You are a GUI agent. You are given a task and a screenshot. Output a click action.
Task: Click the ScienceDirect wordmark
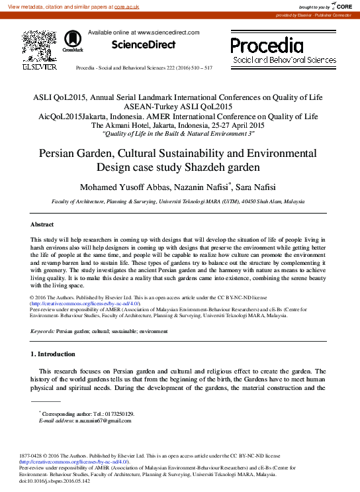coord(144,44)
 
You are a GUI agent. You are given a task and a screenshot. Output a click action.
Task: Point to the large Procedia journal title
coord(267,45)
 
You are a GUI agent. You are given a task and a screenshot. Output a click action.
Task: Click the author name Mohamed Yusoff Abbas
coord(116,187)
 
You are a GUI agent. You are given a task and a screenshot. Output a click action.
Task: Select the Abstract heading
coord(42,225)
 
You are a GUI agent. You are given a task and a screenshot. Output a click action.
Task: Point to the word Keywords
coord(42,330)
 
